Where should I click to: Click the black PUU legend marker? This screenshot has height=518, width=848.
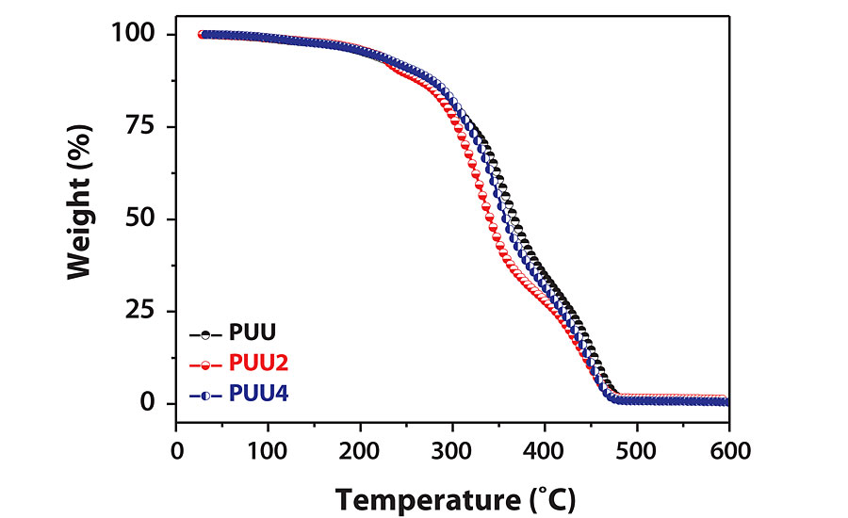tap(204, 333)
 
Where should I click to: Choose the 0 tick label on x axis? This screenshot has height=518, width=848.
tap(176, 450)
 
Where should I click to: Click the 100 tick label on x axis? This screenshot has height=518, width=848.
tap(268, 450)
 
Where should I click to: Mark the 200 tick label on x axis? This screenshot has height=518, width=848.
tap(360, 450)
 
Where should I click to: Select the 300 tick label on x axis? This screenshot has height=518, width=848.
tap(452, 450)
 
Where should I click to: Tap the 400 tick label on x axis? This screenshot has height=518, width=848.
tap(545, 450)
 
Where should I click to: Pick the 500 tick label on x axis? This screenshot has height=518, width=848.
tap(637, 450)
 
